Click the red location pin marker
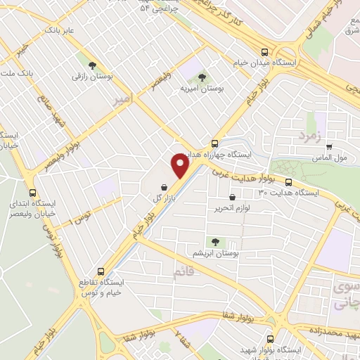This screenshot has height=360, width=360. [181, 166]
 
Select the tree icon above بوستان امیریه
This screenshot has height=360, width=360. [202, 77]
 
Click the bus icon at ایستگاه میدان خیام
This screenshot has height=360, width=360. [264, 52]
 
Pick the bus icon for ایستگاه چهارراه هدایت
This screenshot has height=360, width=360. [215, 143]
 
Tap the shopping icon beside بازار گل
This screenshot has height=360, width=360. [164, 188]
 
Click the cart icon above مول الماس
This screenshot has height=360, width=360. [329, 146]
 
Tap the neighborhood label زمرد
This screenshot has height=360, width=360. [309, 134]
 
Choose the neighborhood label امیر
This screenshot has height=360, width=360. [124, 101]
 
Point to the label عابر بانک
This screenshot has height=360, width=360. [60, 32]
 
